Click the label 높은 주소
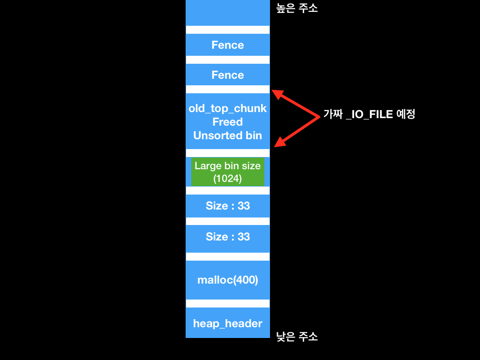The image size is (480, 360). point(297,8)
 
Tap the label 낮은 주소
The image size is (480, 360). point(297,337)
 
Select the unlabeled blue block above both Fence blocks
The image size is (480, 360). point(228,13)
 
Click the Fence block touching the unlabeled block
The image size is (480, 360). point(228,45)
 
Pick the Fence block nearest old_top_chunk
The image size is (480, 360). point(228,75)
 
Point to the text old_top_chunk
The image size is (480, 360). point(228,108)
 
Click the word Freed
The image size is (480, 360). point(228,122)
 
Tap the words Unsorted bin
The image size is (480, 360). point(228,135)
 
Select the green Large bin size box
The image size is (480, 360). point(228,172)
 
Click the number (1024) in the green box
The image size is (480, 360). point(228,179)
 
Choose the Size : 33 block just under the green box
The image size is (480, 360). point(228,206)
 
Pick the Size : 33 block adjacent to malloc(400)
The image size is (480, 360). point(228,237)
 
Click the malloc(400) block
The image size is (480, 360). point(228,280)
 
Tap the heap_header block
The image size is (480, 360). point(228,323)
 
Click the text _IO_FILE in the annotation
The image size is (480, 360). point(369,114)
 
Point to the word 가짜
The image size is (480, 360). point(333,114)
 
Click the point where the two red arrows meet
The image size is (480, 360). point(319,116)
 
